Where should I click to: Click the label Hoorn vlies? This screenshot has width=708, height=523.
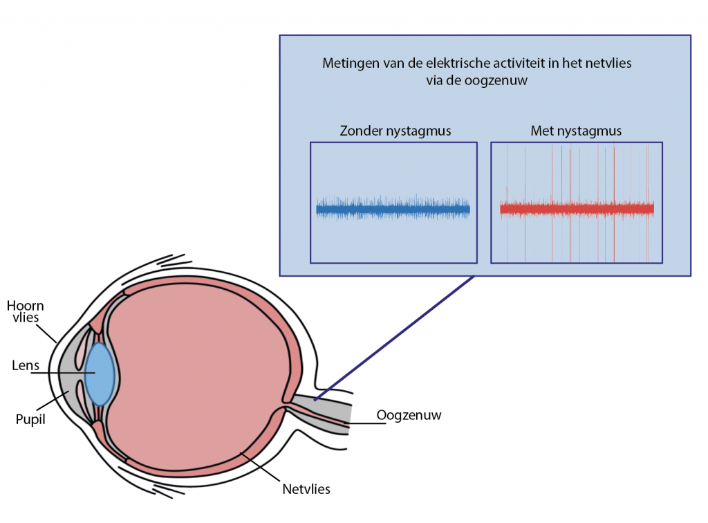click(26, 312)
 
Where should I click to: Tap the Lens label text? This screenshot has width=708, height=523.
click(24, 365)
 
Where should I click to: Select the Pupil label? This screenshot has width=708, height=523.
click(30, 419)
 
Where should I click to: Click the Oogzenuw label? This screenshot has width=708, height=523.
click(409, 415)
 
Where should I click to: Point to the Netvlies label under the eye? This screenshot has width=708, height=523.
click(306, 489)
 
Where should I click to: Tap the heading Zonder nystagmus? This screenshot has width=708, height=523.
click(395, 131)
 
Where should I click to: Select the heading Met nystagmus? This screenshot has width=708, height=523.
click(576, 131)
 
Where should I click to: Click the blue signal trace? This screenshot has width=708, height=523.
click(393, 208)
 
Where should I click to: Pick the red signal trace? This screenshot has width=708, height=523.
click(577, 208)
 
